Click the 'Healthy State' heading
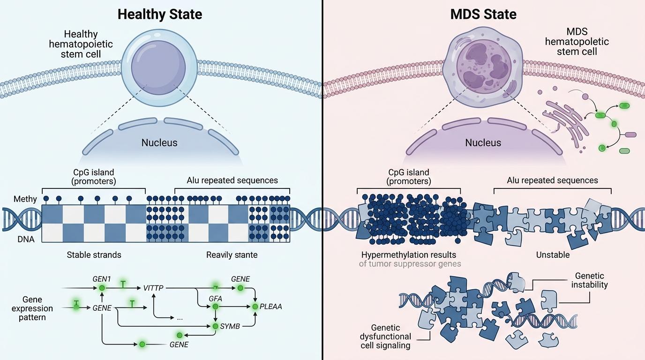click(159, 14)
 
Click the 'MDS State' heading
click(483, 14)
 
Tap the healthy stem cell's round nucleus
click(158, 66)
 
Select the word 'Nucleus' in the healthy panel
click(159, 142)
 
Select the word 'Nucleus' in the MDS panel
click(483, 142)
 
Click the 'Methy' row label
click(25, 199)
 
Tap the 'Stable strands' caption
click(94, 255)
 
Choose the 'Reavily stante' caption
click(232, 255)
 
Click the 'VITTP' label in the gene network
click(153, 288)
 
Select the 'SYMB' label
click(230, 326)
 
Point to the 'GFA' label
click(215, 298)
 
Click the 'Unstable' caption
click(553, 255)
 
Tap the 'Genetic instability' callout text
click(590, 280)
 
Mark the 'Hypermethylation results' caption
click(408, 255)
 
